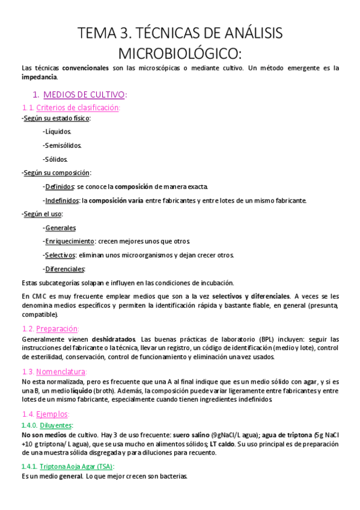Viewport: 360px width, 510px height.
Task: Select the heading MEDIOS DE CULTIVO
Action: [x=84, y=94]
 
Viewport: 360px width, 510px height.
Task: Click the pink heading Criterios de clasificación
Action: [x=78, y=107]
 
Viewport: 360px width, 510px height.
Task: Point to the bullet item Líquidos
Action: [x=58, y=131]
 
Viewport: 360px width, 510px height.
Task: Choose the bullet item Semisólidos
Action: [x=63, y=145]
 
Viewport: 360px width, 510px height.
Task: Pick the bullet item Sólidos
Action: [x=57, y=159]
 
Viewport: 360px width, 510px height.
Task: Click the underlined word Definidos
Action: [x=59, y=186]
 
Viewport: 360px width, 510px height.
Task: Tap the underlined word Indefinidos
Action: [x=62, y=200]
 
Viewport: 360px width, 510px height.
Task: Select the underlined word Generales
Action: [x=60, y=228]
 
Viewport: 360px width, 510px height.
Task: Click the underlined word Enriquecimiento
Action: [x=70, y=241]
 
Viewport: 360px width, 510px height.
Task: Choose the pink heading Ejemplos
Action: [x=52, y=414]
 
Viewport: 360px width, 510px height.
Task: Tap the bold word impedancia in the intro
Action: [x=39, y=77]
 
